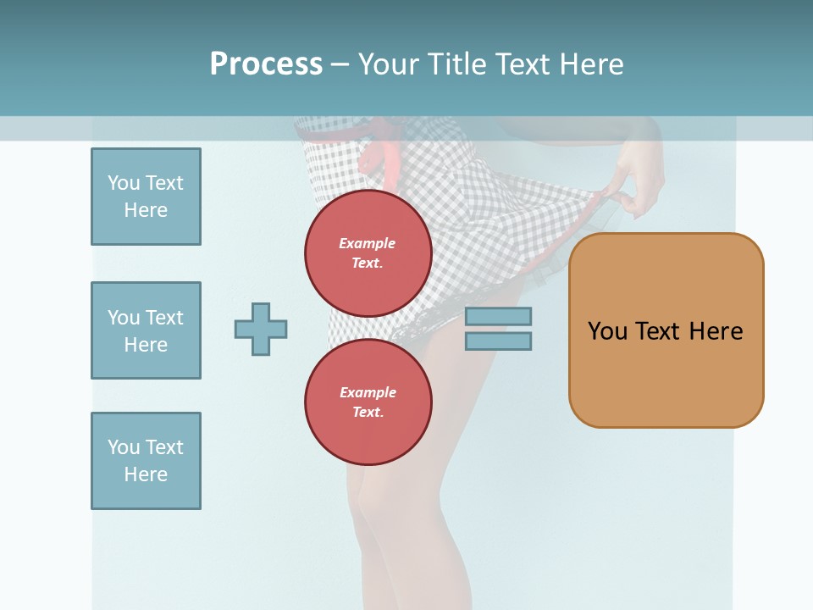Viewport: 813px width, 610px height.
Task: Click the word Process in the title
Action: point(266,64)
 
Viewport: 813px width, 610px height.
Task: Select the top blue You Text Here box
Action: point(146,197)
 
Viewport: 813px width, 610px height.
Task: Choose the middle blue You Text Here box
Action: point(146,330)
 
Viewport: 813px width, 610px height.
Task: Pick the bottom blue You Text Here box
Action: point(146,461)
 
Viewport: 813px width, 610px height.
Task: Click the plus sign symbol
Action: point(261,329)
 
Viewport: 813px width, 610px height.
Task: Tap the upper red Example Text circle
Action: point(368,253)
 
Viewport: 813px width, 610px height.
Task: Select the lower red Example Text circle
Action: point(368,402)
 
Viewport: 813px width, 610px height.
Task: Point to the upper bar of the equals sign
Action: point(498,316)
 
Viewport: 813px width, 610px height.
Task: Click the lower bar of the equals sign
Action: point(498,341)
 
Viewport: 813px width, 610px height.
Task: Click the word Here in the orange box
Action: point(716,331)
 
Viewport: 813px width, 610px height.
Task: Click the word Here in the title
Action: point(592,64)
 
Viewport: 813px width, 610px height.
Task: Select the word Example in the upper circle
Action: point(368,243)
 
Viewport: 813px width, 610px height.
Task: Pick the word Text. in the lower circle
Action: point(368,413)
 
